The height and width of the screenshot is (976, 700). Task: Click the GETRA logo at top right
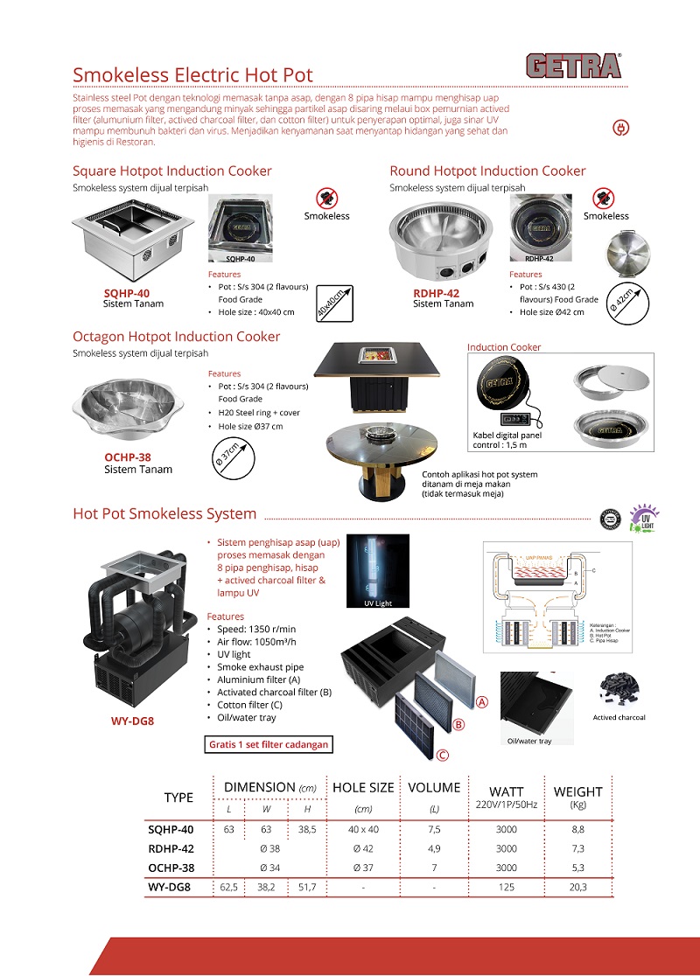[573, 66]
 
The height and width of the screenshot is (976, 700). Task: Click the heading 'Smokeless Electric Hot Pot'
[192, 75]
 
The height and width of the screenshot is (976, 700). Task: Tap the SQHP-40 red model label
[127, 293]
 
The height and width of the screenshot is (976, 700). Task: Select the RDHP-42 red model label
[436, 293]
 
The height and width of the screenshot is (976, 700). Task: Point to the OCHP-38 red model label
[128, 457]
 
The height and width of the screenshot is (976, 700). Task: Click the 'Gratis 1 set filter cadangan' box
[268, 745]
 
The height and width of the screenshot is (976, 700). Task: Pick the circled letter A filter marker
[482, 701]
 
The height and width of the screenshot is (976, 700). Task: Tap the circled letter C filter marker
[443, 756]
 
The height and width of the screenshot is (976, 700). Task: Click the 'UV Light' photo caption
[378, 603]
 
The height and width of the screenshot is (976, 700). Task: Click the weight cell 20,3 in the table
[577, 887]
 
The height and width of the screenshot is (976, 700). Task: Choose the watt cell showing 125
[507, 887]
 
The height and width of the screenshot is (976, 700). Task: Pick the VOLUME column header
[434, 788]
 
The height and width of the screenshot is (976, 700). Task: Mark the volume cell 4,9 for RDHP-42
[434, 848]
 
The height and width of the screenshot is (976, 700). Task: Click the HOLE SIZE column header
[362, 788]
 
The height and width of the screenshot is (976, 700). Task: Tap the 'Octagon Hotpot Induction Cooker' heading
[176, 337]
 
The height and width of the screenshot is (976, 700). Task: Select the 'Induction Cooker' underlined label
[504, 347]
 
